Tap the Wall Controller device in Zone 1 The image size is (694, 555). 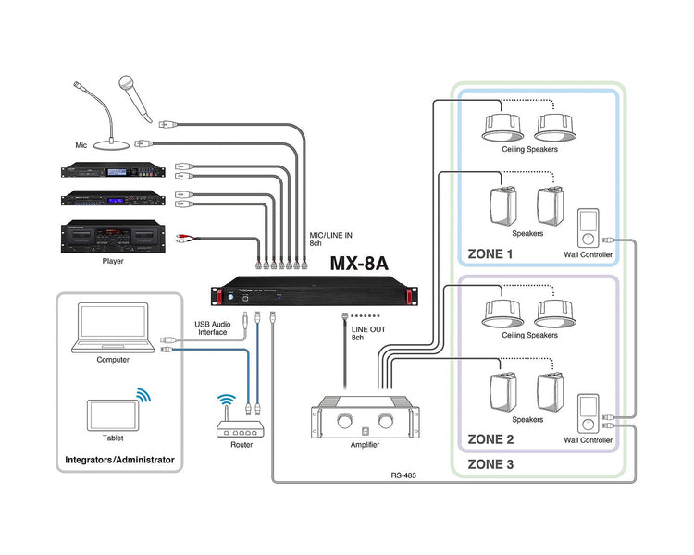pos(588,227)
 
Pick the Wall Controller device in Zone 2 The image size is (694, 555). pos(588,413)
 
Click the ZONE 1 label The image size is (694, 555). pos(491,253)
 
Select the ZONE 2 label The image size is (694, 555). pos(491,439)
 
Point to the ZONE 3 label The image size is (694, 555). pos(491,463)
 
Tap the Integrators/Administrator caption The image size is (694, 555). pos(119,459)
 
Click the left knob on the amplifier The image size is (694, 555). pos(345,421)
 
